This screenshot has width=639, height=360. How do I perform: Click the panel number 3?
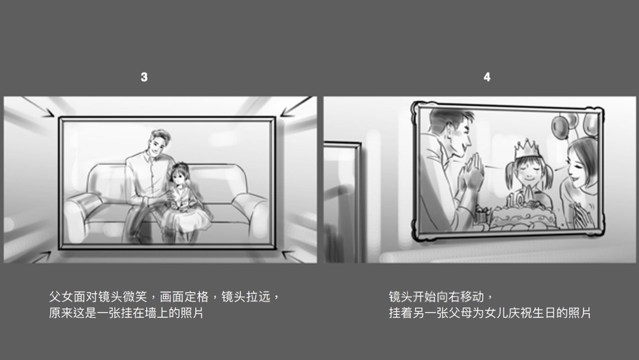point(144,78)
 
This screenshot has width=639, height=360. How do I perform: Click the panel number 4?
point(487,78)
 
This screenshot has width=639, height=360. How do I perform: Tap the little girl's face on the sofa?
point(177,176)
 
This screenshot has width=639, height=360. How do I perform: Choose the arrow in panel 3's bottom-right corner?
point(293,255)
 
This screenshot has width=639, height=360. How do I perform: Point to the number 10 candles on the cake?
point(522,197)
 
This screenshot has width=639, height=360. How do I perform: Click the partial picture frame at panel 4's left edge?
point(342,201)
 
